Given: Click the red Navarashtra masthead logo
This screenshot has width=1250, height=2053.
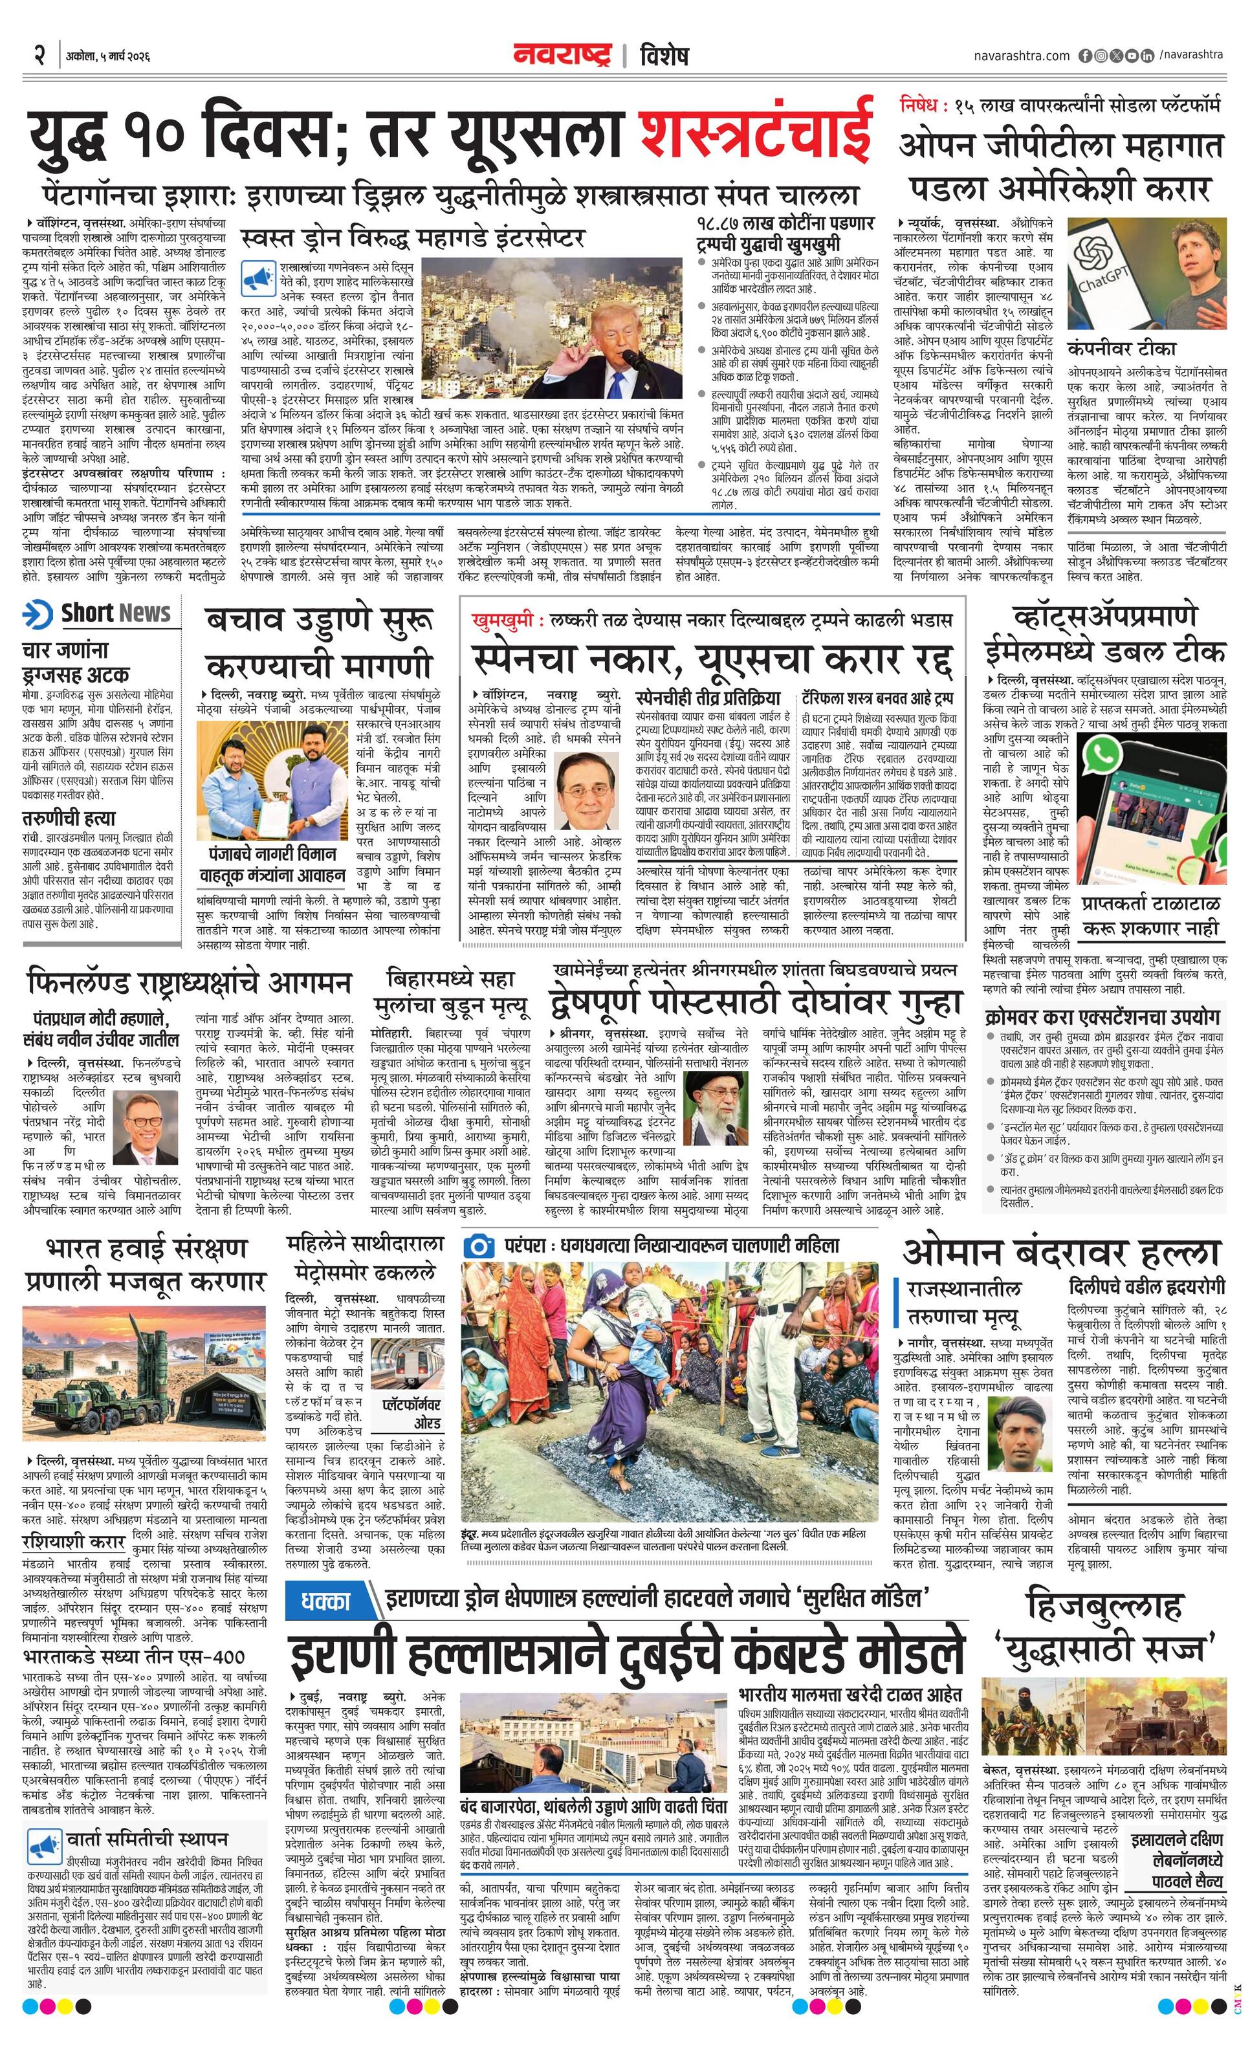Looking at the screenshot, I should point(562,55).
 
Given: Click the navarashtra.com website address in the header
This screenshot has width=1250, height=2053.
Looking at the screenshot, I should point(1022,56).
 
